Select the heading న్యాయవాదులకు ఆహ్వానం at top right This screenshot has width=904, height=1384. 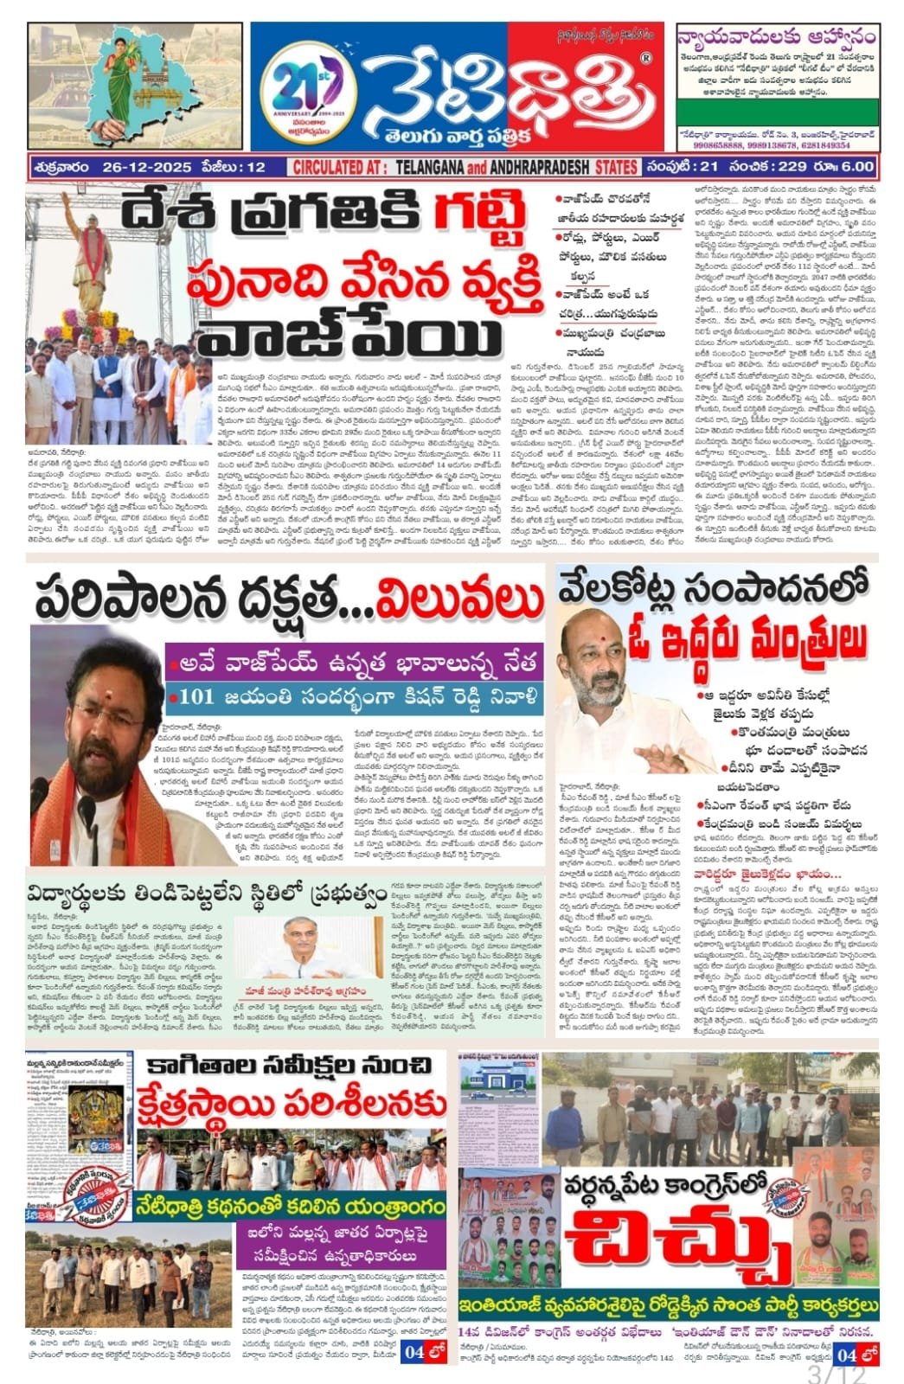click(776, 39)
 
